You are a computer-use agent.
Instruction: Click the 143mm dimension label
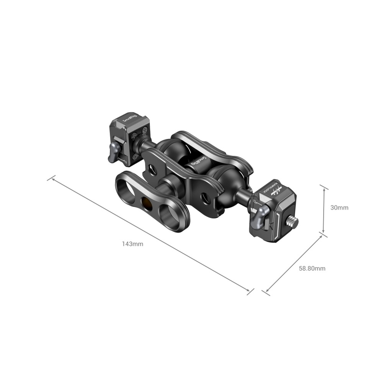tap(133, 244)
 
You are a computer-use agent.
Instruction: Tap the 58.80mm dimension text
tap(312, 268)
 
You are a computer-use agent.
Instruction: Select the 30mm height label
tap(340, 208)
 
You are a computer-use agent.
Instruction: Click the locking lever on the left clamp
tap(113, 152)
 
